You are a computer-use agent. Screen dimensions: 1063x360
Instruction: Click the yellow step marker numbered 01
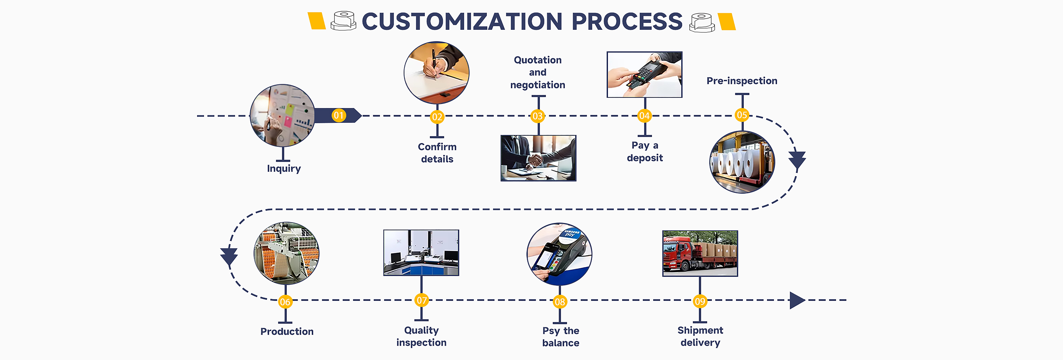tap(339, 115)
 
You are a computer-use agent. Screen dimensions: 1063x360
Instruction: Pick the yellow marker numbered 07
tap(421, 300)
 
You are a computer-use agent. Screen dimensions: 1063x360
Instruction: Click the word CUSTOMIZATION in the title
tap(462, 22)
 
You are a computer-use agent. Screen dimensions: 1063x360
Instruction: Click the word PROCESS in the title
tap(627, 22)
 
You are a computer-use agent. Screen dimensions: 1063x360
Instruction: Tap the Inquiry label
tap(284, 168)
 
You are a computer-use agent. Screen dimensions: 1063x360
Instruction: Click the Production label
tap(287, 332)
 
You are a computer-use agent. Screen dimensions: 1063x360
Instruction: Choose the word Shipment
tap(700, 330)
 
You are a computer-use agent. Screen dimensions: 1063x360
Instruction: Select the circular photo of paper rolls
tap(742, 162)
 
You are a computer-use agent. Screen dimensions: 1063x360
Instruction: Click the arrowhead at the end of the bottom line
tap(797, 300)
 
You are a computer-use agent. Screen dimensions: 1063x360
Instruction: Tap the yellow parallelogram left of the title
tap(317, 21)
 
